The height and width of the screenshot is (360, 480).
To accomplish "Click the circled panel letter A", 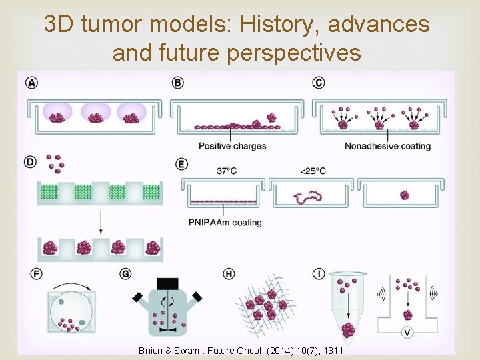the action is tap(31, 83).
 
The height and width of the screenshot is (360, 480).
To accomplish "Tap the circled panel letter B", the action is tap(177, 83).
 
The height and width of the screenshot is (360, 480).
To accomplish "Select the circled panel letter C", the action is tap(319, 83).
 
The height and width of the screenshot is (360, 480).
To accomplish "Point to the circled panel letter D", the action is tap(31, 163).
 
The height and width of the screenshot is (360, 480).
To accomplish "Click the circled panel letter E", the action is tap(181, 163).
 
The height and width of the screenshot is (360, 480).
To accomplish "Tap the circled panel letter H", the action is tap(229, 273).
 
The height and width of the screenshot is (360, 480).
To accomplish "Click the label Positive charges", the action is tap(232, 146).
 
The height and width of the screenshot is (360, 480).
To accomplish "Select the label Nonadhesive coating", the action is tap(387, 146).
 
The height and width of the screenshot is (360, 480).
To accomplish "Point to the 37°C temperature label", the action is tap(227, 171).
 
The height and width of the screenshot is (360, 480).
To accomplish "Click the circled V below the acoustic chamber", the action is tap(407, 332).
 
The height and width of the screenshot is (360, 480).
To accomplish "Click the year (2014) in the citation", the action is tap(269, 351).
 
